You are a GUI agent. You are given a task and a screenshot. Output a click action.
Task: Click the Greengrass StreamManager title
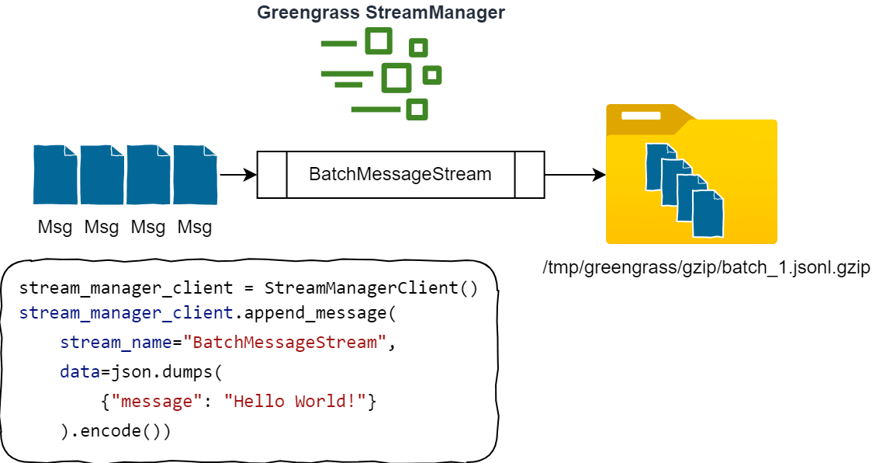coord(381,12)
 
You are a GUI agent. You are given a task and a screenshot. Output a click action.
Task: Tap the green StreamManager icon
coord(381,75)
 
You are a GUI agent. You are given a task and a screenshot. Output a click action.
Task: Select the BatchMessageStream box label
coord(400,174)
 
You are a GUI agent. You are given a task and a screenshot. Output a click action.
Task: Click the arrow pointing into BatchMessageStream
coord(238,175)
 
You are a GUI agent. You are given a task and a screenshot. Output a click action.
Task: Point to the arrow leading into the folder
coord(575,175)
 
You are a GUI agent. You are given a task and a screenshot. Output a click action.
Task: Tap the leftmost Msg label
coord(55,228)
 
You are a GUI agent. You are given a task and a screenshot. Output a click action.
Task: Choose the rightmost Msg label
coord(195,228)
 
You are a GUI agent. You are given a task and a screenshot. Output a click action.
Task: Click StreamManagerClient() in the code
coord(371,288)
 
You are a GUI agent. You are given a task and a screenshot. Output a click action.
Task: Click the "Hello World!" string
coord(295,402)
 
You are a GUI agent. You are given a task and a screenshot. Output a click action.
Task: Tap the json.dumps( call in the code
coord(167,372)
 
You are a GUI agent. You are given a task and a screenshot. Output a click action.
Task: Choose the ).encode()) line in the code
coord(116,430)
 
